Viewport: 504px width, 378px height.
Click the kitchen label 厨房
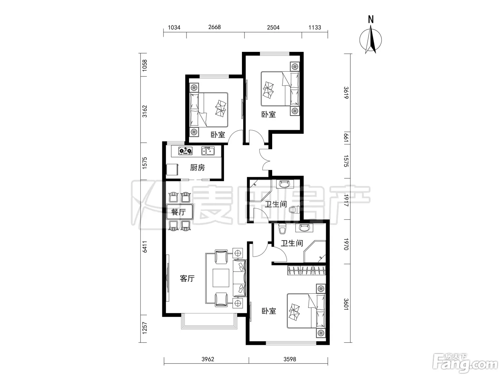(197, 168)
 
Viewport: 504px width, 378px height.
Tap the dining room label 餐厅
(179, 212)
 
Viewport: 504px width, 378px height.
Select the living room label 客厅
(187, 278)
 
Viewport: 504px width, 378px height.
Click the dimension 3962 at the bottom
(208, 359)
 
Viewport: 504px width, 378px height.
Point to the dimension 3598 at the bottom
(290, 359)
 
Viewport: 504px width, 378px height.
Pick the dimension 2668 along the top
(215, 27)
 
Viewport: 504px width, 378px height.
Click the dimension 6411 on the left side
(144, 247)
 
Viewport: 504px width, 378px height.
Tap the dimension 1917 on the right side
(346, 201)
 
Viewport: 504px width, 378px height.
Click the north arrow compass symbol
(370, 36)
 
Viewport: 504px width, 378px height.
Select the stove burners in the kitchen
(185, 151)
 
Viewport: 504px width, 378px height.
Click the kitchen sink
(208, 151)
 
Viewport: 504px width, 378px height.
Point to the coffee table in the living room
(221, 278)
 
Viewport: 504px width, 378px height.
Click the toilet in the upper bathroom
(294, 210)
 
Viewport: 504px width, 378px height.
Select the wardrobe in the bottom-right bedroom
(306, 270)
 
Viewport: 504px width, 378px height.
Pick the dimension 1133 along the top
(315, 28)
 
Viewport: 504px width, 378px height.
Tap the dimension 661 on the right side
(346, 138)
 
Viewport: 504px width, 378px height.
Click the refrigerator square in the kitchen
(172, 169)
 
